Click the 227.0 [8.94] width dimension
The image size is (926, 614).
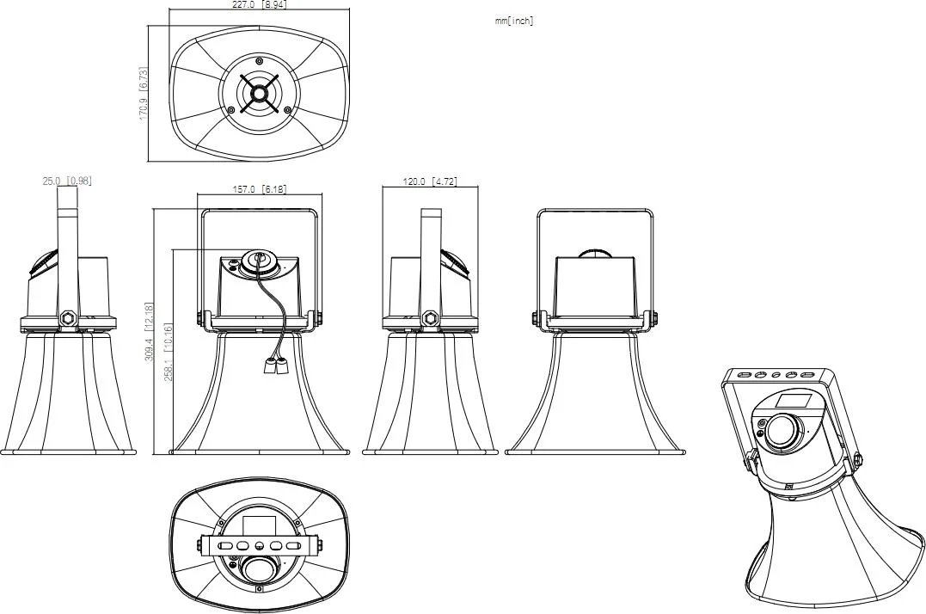261,4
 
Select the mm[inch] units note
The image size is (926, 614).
514,21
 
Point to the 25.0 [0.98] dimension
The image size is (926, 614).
67,181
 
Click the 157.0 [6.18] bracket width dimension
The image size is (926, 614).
260,189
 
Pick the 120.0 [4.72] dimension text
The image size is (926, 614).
430,181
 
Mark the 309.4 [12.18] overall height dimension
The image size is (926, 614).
149,331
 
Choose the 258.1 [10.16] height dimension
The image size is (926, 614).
169,353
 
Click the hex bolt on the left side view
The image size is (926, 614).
67,318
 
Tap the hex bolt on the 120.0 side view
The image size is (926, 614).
430,318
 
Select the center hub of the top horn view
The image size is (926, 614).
260,94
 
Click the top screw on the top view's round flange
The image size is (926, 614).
260,61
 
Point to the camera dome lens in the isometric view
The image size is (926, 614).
782,433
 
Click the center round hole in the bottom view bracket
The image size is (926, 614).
260,545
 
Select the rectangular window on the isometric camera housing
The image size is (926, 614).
789,401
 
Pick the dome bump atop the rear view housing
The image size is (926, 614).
596,254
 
